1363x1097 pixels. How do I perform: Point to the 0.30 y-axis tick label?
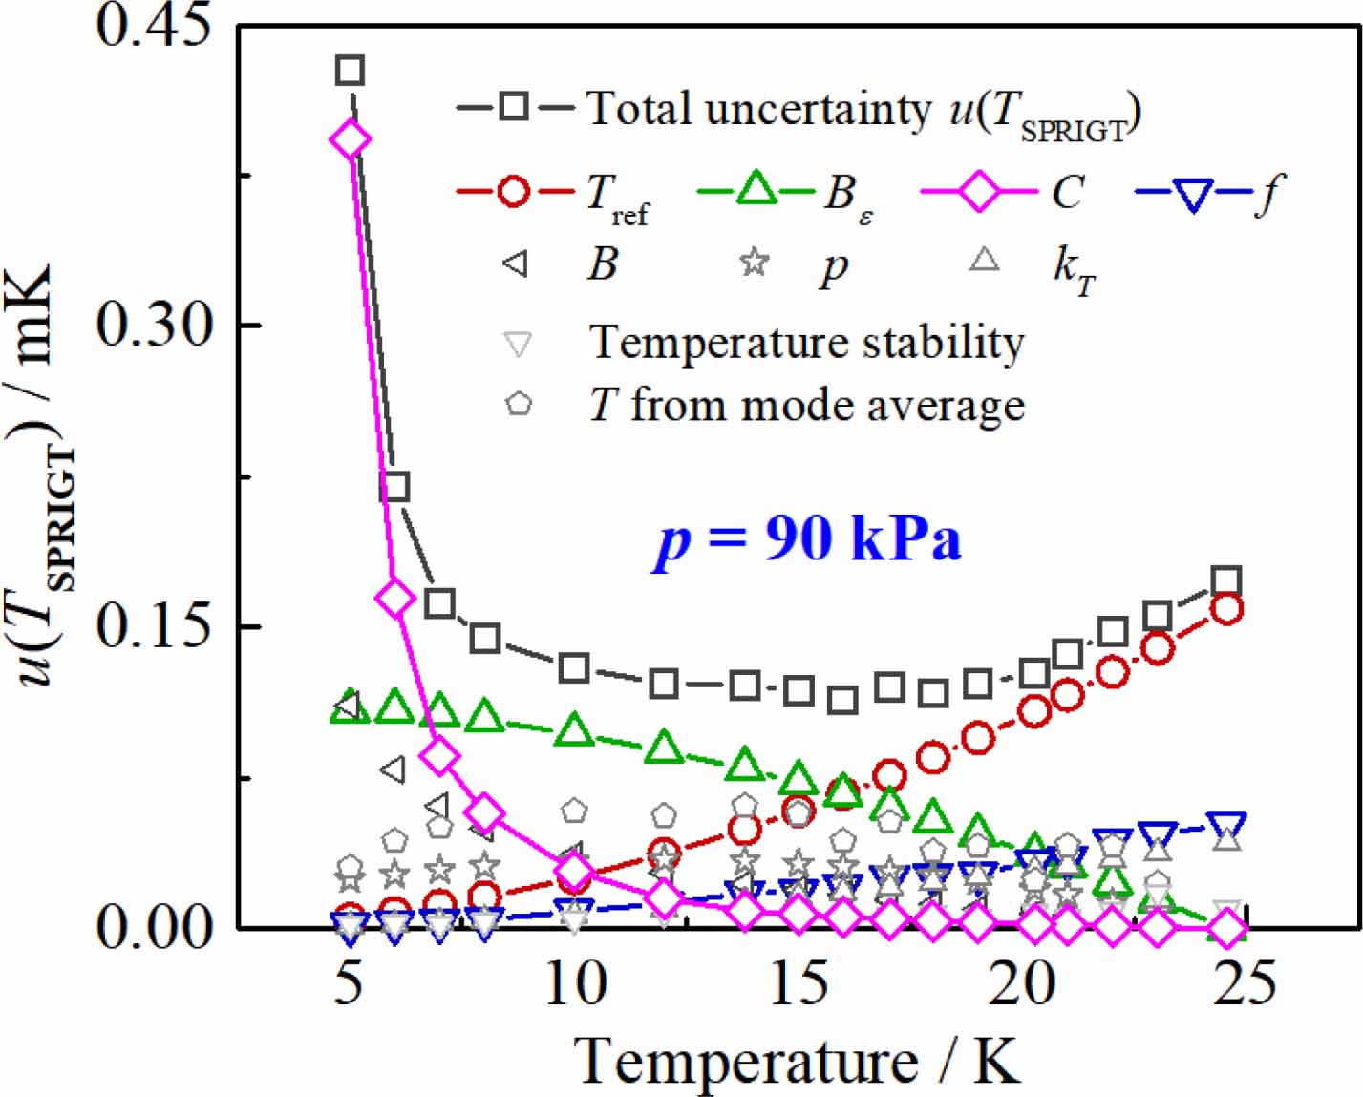click(153, 325)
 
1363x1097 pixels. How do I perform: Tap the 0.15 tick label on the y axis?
click(153, 626)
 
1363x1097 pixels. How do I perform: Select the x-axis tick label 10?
click(575, 983)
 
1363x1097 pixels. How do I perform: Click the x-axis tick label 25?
click(1244, 983)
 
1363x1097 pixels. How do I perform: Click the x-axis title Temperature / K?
click(798, 1060)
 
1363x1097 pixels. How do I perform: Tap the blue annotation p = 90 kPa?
click(808, 539)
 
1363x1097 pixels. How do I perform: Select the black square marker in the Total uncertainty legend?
click(514, 106)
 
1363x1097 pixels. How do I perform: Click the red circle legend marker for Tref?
click(514, 191)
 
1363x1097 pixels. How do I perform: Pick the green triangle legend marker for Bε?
click(756, 189)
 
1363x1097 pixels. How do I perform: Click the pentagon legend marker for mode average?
click(518, 404)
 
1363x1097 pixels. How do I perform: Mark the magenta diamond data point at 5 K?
click(350, 139)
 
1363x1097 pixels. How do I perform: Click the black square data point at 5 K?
click(350, 70)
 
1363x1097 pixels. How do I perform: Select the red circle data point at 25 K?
click(1226, 608)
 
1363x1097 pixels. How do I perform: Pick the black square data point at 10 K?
click(573, 667)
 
